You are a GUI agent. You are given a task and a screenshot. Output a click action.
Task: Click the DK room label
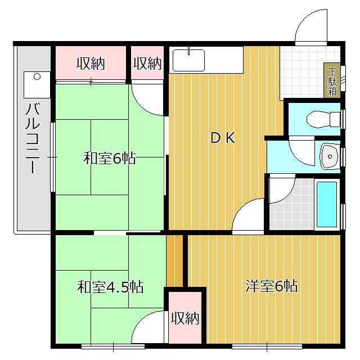(223, 138)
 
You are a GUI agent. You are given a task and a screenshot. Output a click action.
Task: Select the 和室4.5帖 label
(110, 287)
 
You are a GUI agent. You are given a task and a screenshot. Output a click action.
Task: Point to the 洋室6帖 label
(271, 286)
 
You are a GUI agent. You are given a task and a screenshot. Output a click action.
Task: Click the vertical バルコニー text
(32, 138)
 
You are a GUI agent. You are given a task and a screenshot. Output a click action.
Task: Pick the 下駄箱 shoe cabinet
(332, 82)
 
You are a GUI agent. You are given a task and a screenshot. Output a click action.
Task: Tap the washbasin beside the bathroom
(328, 156)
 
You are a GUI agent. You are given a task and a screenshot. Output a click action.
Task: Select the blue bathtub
(327, 202)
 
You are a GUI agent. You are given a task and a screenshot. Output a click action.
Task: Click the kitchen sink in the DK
(188, 60)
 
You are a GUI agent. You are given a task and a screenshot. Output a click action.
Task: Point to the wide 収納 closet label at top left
(91, 63)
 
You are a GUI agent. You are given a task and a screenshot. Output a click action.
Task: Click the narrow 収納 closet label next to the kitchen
(147, 63)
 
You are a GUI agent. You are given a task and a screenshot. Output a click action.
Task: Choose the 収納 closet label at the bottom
(185, 318)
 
